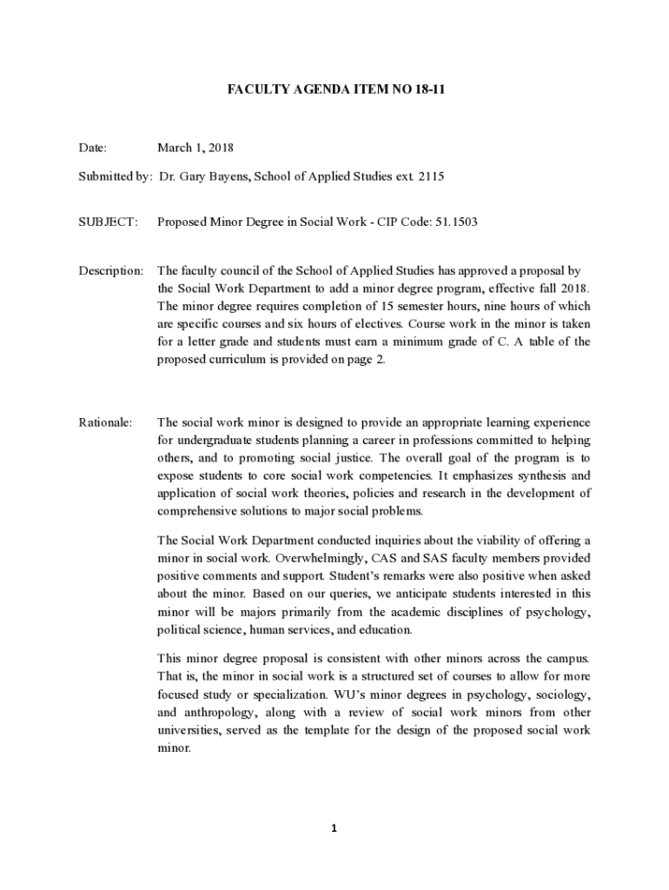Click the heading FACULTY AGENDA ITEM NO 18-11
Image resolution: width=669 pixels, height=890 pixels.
[335, 89]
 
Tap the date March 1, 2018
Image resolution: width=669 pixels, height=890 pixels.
[195, 149]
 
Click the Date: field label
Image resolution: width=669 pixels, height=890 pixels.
[93, 149]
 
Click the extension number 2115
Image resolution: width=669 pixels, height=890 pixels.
[431, 176]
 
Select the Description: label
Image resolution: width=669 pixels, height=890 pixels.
[111, 271]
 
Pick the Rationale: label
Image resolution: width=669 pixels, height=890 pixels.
[106, 422]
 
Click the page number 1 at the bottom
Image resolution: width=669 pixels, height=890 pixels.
[334, 828]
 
